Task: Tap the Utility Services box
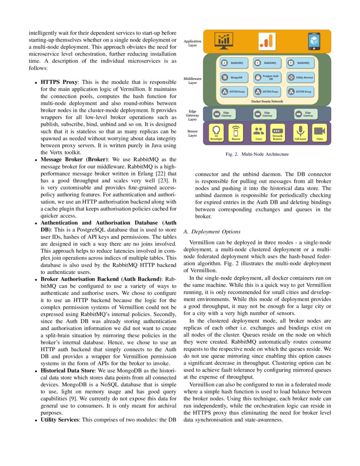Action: click(300, 78)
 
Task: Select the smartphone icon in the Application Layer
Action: click(313, 41)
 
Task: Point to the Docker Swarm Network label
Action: click(267, 102)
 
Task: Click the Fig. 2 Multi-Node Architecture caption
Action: click(257, 155)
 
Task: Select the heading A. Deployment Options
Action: click(212, 232)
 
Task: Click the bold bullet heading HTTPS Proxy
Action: click(59, 82)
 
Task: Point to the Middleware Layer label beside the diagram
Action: click(192, 80)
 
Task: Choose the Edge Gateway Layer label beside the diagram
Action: click(192, 115)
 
